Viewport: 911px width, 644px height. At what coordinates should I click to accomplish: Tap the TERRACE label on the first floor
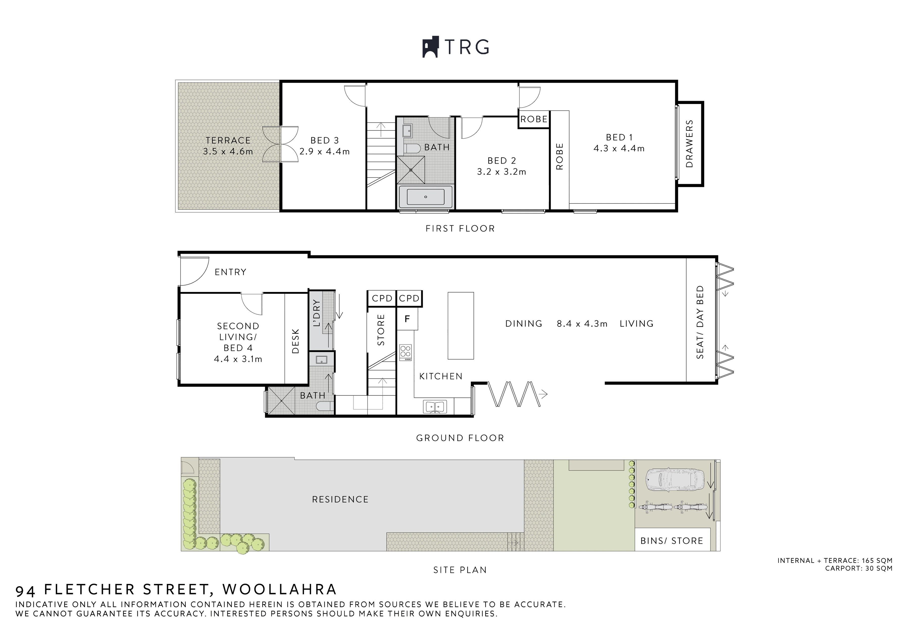point(228,140)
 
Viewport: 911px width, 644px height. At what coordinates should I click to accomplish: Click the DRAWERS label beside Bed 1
point(689,144)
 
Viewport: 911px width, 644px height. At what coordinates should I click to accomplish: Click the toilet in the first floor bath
point(412,149)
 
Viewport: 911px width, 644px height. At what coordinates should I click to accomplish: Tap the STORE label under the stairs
point(381,330)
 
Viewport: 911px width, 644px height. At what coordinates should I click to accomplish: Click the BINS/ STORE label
point(672,541)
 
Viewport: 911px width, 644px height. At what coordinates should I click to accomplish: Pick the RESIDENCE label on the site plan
point(340,499)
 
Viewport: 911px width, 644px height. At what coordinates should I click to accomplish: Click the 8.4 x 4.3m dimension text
point(582,324)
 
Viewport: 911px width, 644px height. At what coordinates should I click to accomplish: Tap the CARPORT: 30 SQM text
point(859,568)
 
